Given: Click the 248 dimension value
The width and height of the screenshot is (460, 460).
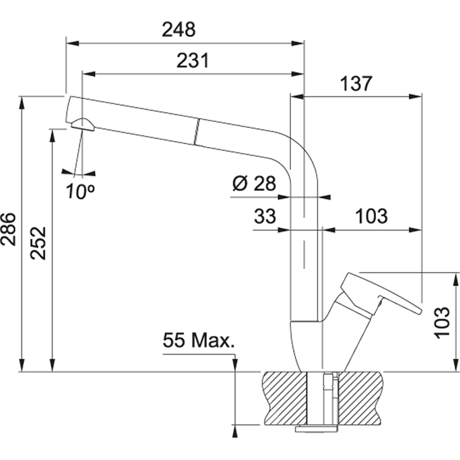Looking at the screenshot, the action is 179,30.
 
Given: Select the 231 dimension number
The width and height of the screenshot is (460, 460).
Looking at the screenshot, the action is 193,60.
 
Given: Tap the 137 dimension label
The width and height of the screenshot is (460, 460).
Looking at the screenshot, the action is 356,83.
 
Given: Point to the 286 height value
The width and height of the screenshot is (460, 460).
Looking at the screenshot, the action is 8,229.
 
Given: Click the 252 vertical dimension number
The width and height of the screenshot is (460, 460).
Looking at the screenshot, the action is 39,243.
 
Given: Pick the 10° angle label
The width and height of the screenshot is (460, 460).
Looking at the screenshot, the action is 80,191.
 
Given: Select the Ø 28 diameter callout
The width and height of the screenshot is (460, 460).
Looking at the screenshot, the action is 254,183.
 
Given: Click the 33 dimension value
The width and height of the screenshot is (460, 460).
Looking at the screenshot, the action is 265,216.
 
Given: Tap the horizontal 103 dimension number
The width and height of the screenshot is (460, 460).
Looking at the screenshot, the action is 371,216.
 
